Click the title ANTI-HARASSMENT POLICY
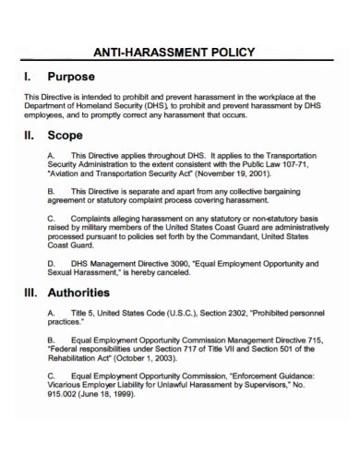tap(180, 53)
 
